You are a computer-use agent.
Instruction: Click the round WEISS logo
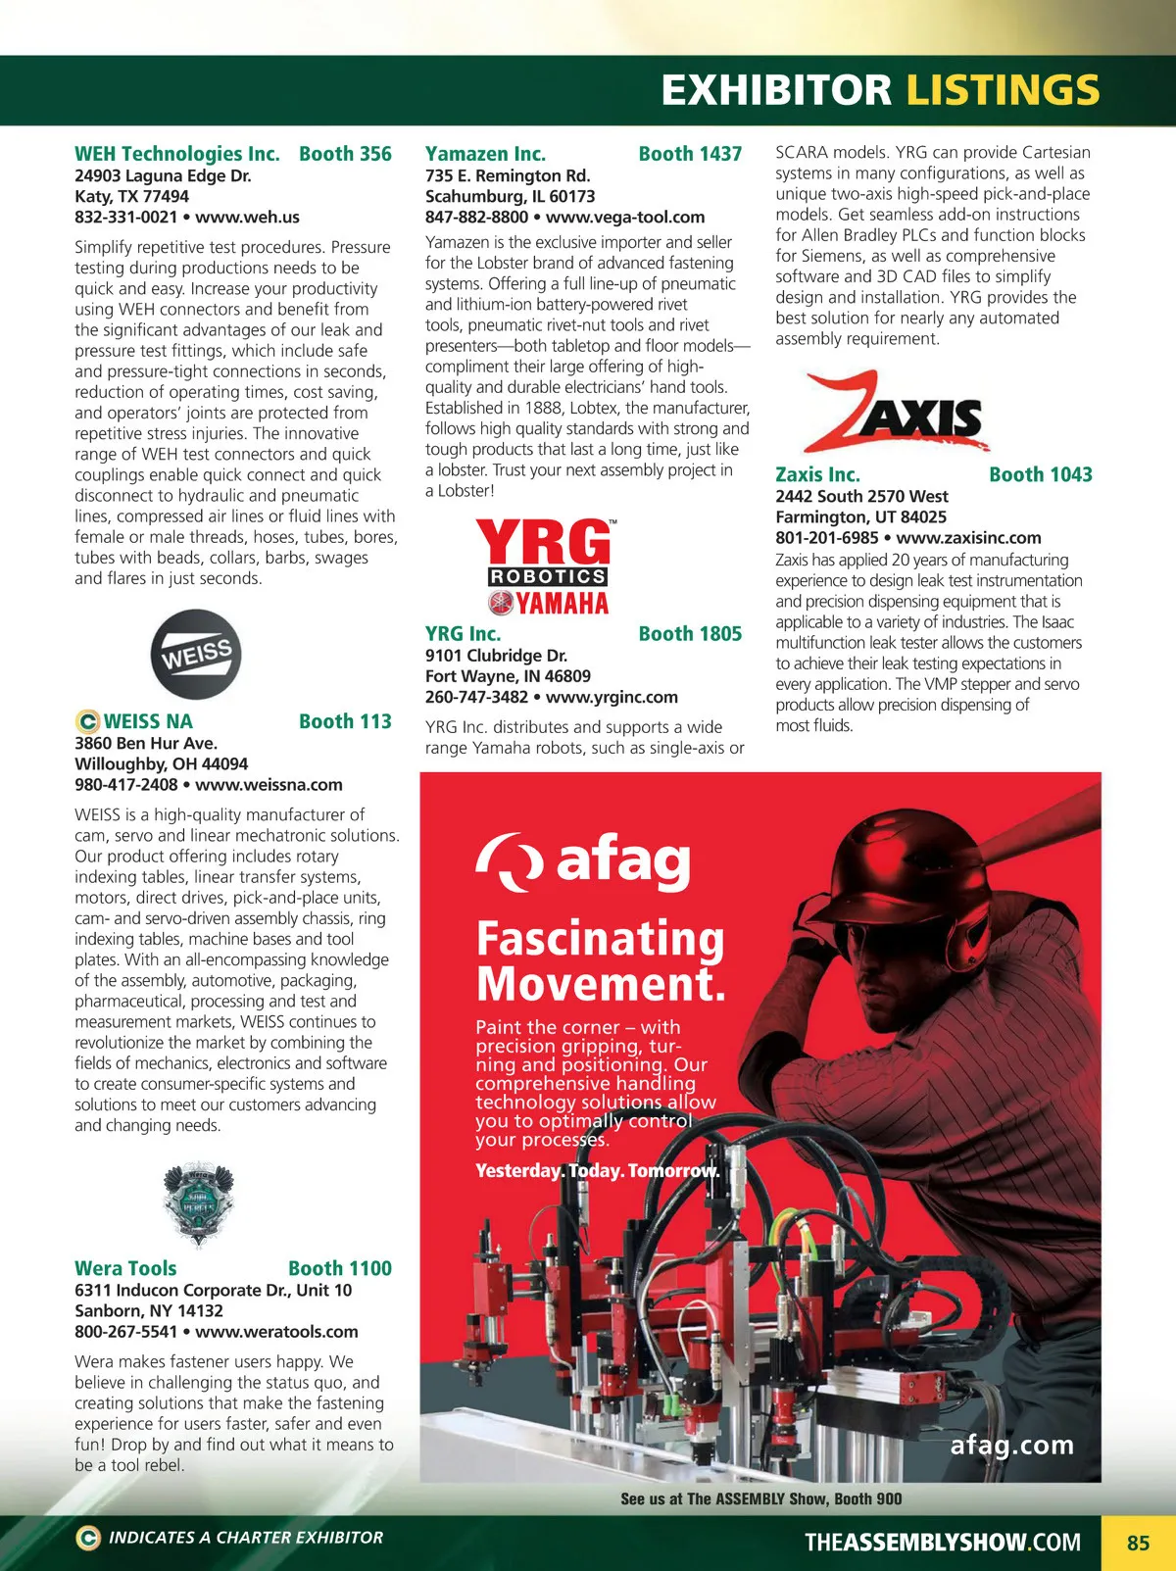click(x=196, y=655)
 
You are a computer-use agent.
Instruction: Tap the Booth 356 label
click(x=345, y=154)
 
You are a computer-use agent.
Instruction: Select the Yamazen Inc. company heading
click(x=485, y=154)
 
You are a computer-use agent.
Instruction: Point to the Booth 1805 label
click(x=690, y=634)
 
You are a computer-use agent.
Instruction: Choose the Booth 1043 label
click(x=1040, y=474)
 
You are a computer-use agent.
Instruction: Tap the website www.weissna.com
click(x=269, y=785)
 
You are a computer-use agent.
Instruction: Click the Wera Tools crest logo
click(x=198, y=1203)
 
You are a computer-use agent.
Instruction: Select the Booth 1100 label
click(x=339, y=1268)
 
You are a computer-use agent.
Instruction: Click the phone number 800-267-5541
click(x=126, y=1332)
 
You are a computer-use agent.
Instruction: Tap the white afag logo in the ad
click(x=583, y=861)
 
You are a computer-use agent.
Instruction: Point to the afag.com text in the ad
click(x=1011, y=1445)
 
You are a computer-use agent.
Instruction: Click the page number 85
click(x=1138, y=1543)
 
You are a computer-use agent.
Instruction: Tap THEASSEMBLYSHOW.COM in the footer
click(x=942, y=1543)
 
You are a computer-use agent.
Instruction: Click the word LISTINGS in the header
click(x=1002, y=90)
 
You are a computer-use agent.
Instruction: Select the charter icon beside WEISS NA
click(x=87, y=721)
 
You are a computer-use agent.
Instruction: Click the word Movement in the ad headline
click(x=600, y=984)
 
